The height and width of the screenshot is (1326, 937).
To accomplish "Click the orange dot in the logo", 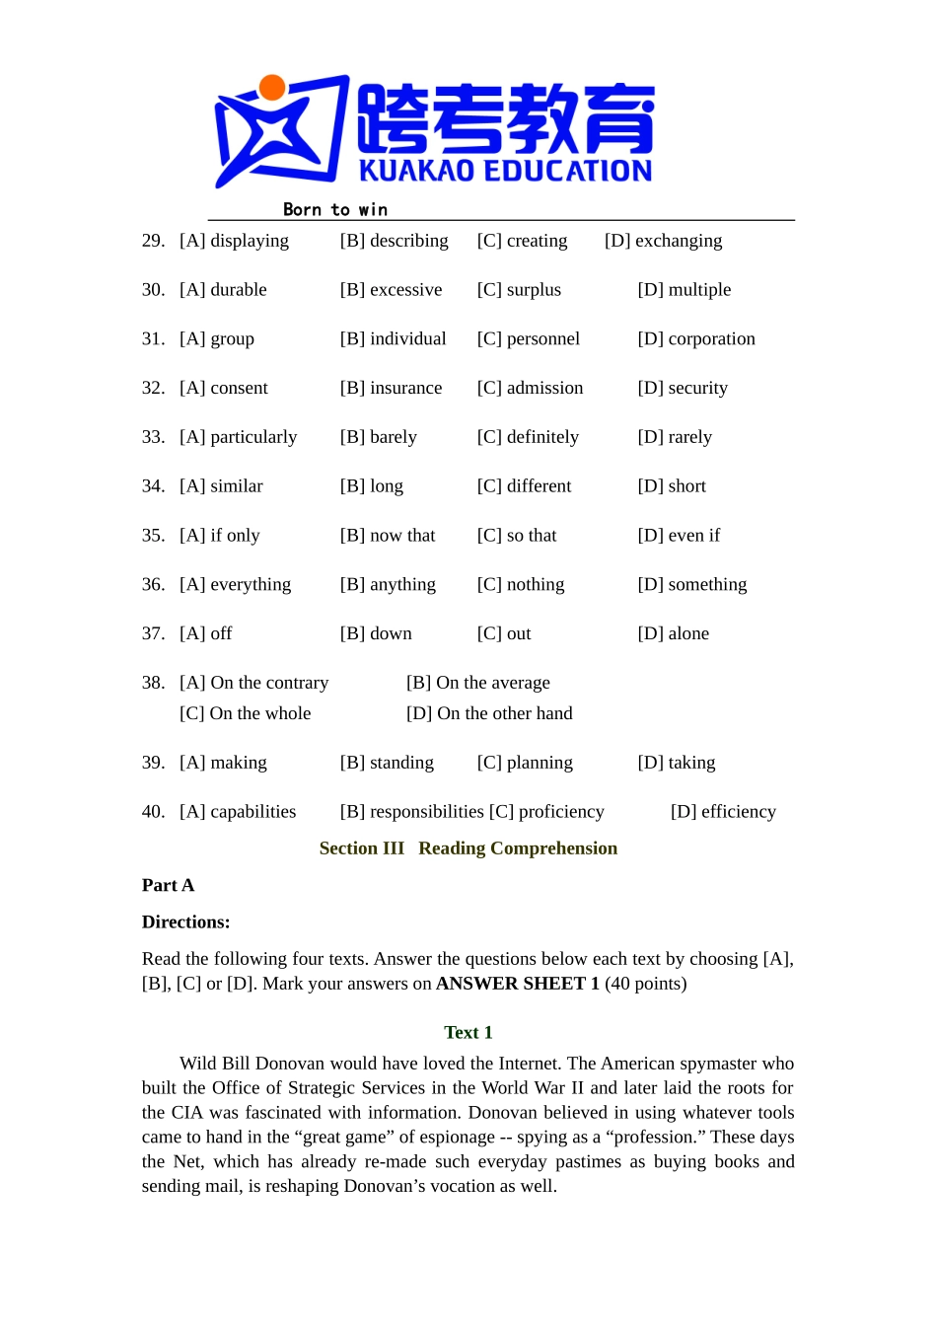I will pyautogui.click(x=272, y=88).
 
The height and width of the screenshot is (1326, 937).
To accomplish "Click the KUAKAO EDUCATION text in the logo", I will pyautogui.click(x=505, y=171).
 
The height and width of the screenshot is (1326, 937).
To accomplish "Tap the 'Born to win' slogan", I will pyautogui.click(x=334, y=209).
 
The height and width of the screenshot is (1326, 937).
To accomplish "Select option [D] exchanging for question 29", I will pyautogui.click(x=663, y=241).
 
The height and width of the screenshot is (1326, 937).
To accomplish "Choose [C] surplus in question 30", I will pyautogui.click(x=519, y=290).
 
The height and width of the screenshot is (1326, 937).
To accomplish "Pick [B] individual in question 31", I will pyautogui.click(x=393, y=339).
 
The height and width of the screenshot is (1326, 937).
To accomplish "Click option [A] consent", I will pyautogui.click(x=224, y=388).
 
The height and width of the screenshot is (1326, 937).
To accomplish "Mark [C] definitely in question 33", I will pyautogui.click(x=528, y=437).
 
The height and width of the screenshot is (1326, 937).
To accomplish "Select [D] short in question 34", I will pyautogui.click(x=672, y=486).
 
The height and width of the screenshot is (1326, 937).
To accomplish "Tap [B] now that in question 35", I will pyautogui.click(x=388, y=536).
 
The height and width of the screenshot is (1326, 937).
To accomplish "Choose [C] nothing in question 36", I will pyautogui.click(x=521, y=585).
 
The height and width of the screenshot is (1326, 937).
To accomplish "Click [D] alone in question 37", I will pyautogui.click(x=673, y=633).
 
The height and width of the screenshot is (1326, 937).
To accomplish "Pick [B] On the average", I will pyautogui.click(x=478, y=683).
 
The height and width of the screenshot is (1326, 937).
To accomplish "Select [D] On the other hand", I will pyautogui.click(x=489, y=713).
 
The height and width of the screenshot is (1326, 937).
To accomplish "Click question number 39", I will pyautogui.click(x=153, y=763).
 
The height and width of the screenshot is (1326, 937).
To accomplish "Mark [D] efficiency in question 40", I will pyautogui.click(x=723, y=812).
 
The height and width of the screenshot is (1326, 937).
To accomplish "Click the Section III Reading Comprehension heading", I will pyautogui.click(x=468, y=848).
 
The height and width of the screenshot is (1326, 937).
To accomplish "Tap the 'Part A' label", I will pyautogui.click(x=168, y=885).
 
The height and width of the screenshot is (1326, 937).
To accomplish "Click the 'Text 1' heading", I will pyautogui.click(x=468, y=1032).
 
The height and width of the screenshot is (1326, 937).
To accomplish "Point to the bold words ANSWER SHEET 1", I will pyautogui.click(x=518, y=984).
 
